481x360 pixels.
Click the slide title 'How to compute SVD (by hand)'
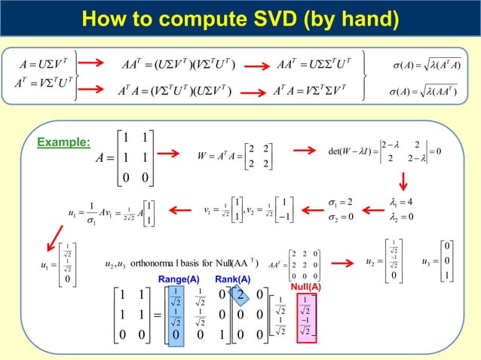click(x=240, y=17)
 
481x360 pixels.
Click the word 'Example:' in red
click(x=69, y=142)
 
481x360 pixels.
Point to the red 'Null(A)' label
click(x=306, y=287)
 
